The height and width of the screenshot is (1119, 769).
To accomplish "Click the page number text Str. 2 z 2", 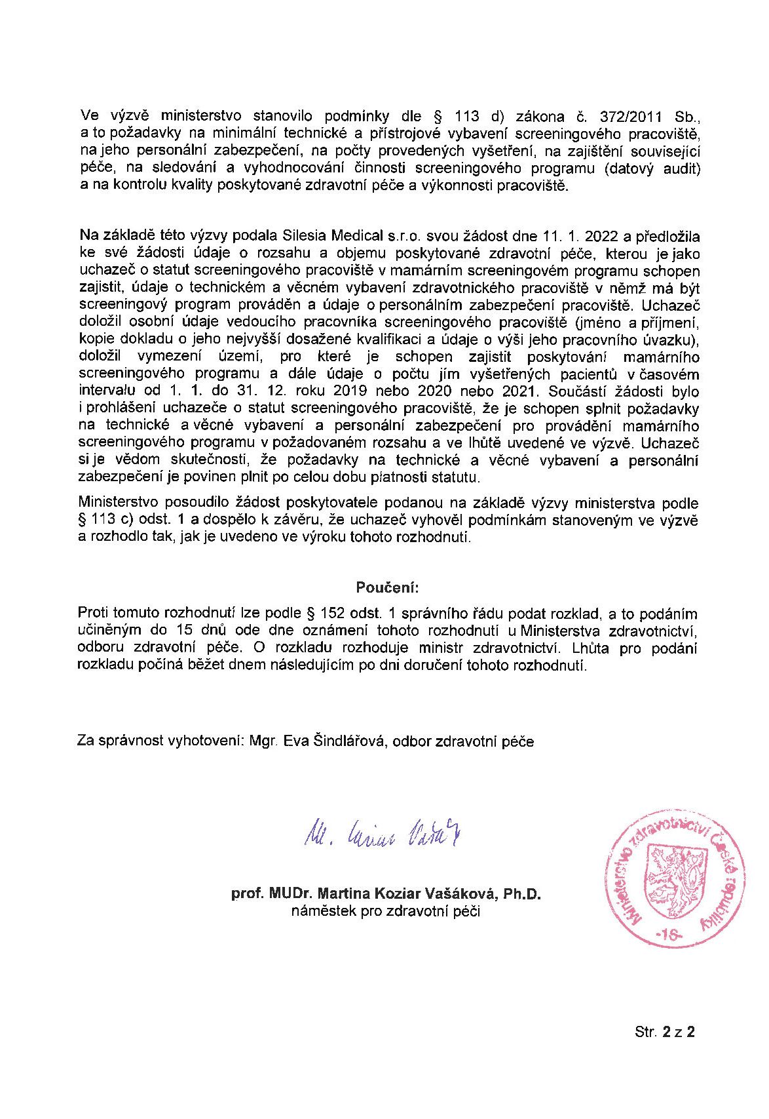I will tap(664, 1032).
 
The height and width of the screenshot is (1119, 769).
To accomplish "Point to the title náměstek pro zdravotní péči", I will tap(386, 911).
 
